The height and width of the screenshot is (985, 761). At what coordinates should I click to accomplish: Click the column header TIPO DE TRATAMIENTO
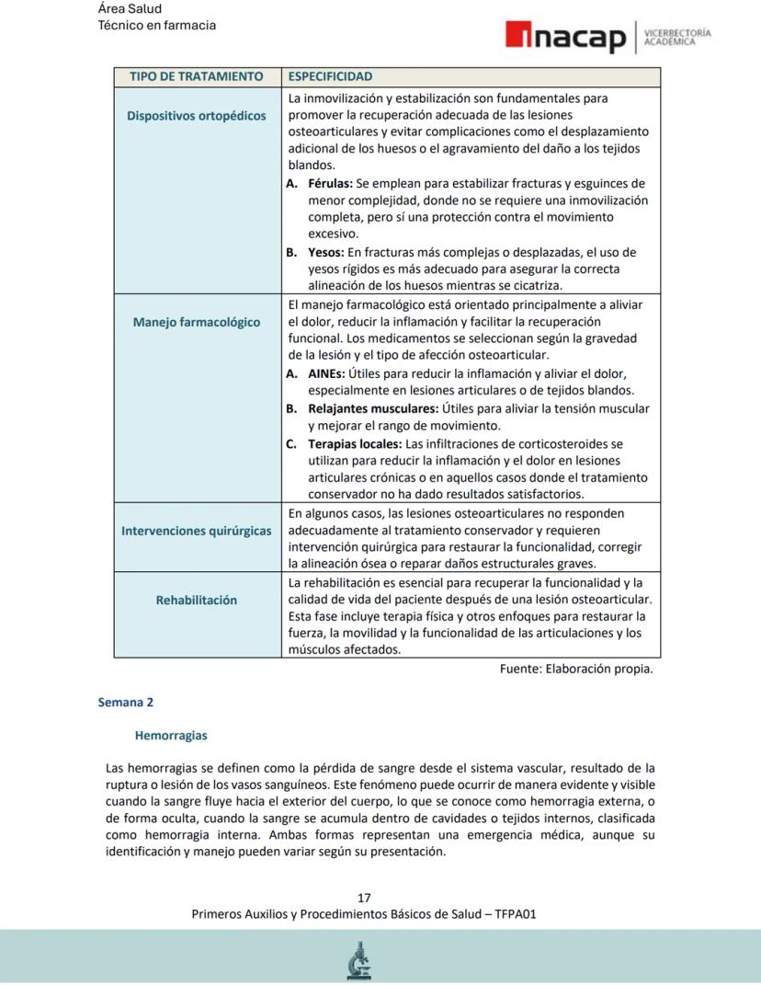196,76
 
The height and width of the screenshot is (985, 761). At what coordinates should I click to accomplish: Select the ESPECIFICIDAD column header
330,76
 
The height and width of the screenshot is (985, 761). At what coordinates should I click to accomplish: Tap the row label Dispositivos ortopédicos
196,116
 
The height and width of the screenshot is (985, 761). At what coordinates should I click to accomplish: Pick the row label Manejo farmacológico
196,322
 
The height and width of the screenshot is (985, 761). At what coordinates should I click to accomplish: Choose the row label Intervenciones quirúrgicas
196,531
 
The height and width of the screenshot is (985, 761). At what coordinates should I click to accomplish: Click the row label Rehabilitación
196,600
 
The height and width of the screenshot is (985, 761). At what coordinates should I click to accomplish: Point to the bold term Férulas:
330,183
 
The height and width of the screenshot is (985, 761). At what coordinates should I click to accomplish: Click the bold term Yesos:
326,252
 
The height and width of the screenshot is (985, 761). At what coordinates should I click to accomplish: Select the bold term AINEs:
326,373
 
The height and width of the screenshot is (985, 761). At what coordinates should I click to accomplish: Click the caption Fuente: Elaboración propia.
576,669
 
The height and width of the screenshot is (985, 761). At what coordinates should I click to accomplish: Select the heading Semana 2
126,703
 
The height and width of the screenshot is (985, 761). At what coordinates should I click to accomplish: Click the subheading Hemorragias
171,736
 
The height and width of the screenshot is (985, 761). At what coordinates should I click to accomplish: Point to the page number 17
364,898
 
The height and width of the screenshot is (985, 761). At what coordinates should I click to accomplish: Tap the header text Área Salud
130,9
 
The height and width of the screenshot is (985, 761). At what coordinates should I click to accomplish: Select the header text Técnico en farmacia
157,25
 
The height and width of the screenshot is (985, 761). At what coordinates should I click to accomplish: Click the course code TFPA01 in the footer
516,914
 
